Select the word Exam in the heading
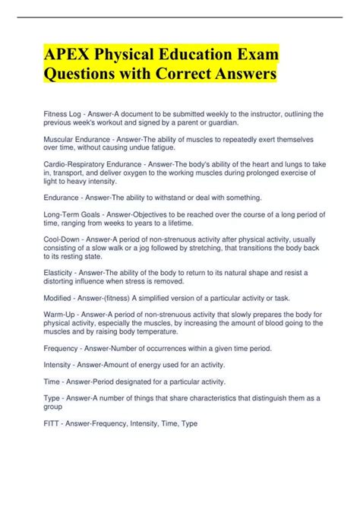point(251,55)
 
